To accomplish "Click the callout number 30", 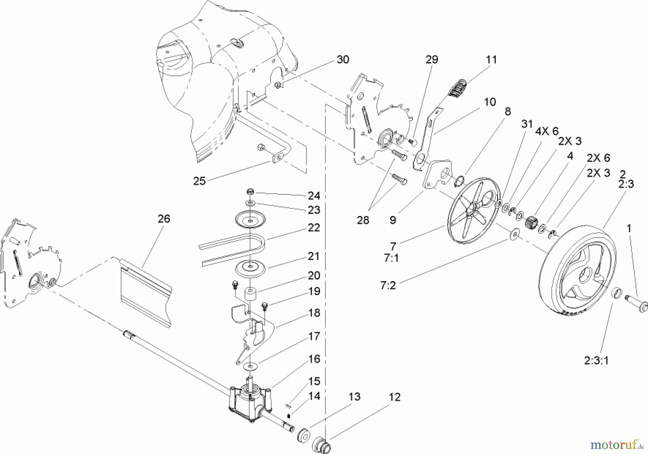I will [x=343, y=59].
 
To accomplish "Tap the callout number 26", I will [x=164, y=219].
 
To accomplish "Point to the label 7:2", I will [x=388, y=286].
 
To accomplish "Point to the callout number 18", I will [x=314, y=313].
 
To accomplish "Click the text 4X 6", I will [x=546, y=131].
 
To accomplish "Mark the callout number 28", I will [x=363, y=220].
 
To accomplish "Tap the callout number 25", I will [x=199, y=181].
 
